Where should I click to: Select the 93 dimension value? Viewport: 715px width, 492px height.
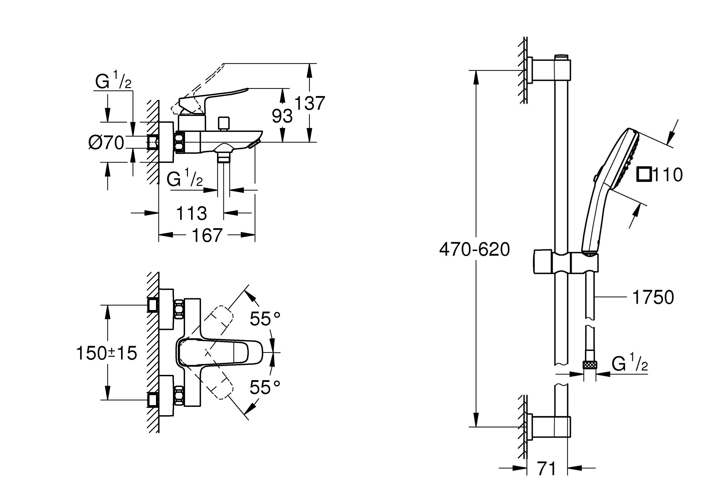point(282,116)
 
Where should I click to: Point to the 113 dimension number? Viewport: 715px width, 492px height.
point(191,213)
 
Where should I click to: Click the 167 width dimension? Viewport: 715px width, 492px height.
point(207,235)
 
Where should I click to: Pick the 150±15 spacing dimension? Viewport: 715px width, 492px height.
point(106,353)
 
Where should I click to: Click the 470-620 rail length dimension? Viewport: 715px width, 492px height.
point(474,249)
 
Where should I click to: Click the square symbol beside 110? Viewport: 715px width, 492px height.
point(644,174)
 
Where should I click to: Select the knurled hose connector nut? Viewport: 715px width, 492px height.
point(590,365)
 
